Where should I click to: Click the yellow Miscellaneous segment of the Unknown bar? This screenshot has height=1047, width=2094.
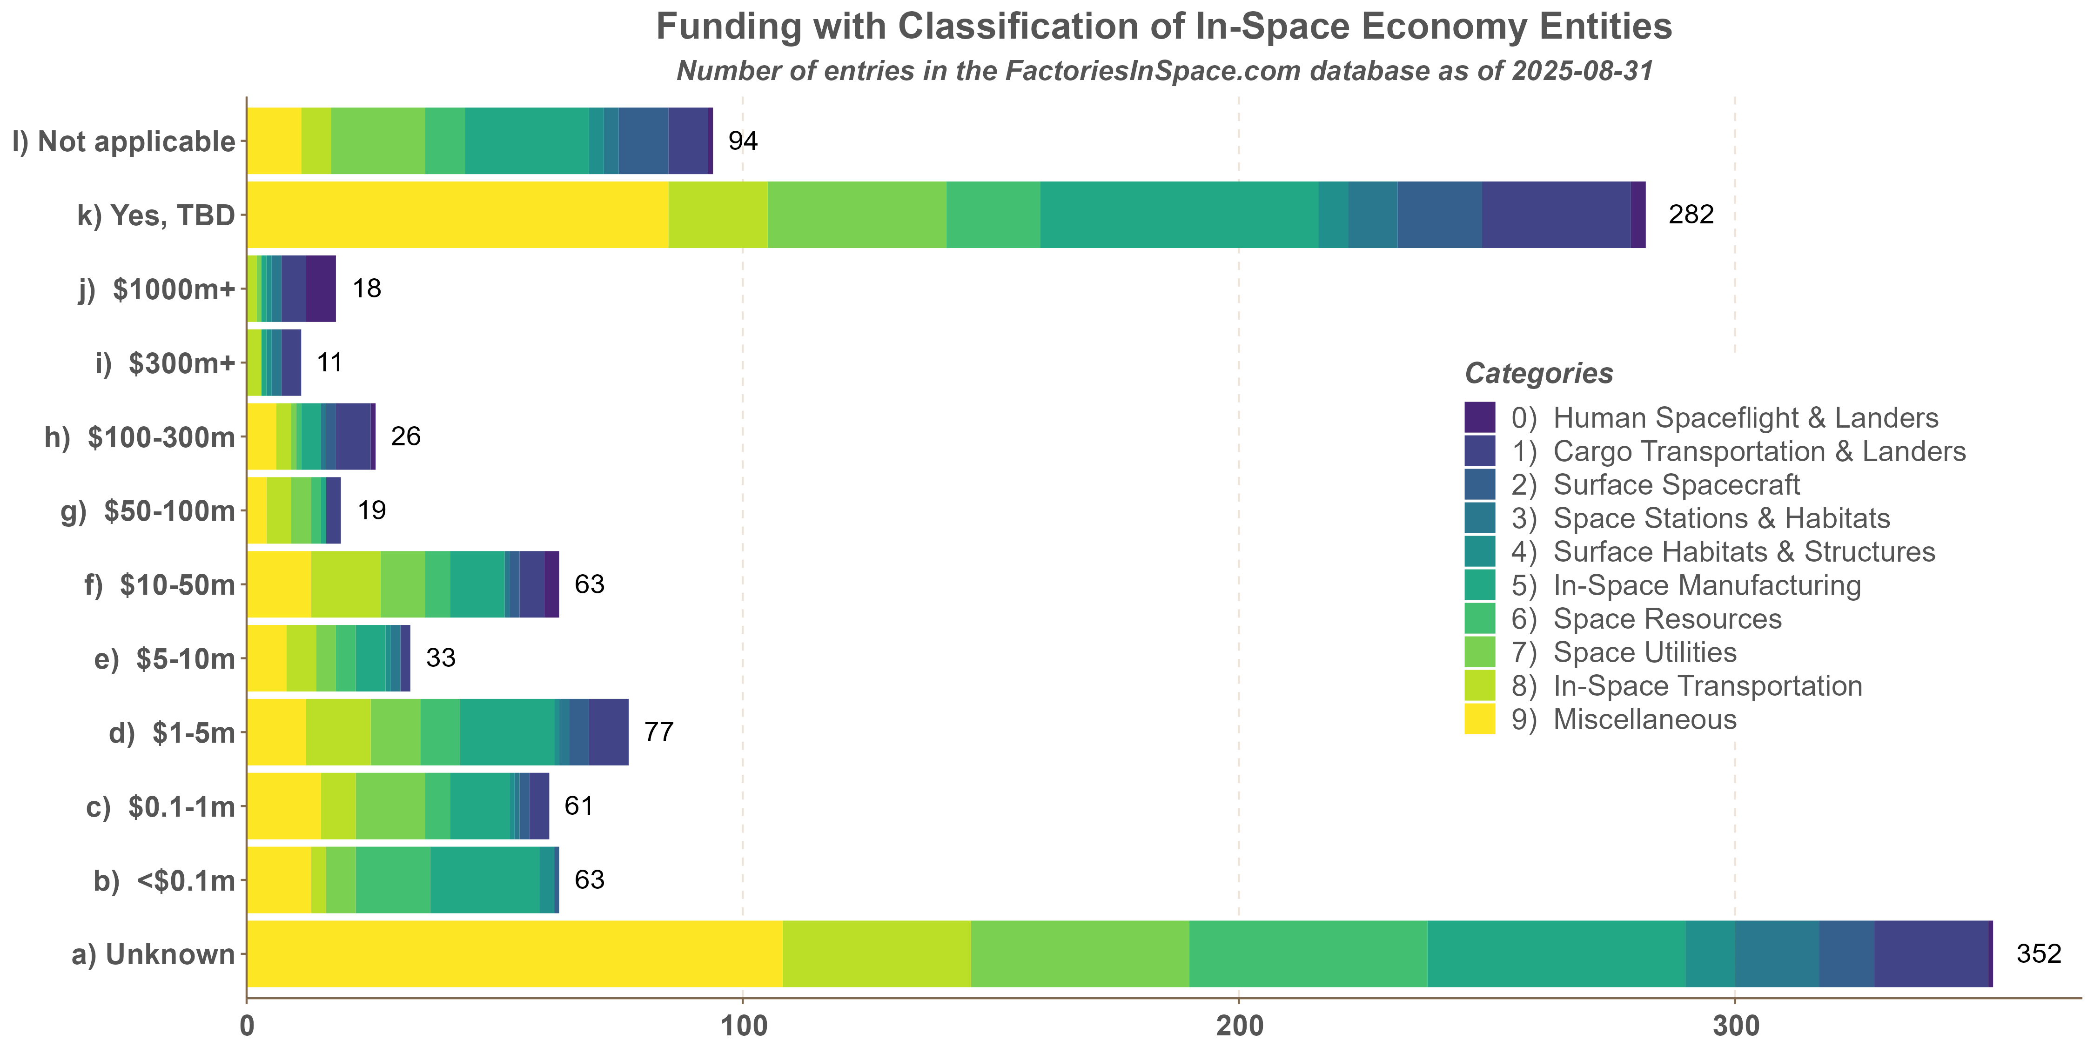coord(514,953)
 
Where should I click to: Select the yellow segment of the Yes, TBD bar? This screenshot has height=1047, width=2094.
coord(457,215)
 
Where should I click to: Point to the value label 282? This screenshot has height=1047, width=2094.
coord(1691,215)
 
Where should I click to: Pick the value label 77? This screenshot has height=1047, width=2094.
coord(658,732)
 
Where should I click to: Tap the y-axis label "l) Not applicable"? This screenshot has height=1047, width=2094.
coord(124,141)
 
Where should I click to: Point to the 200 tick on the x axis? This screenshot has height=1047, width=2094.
coord(1239,1026)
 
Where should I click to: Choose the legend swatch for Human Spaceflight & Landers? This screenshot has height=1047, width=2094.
coord(1479,418)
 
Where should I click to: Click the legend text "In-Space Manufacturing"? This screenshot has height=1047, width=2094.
coord(1706,585)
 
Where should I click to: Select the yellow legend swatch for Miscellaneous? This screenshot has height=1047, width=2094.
coord(1479,719)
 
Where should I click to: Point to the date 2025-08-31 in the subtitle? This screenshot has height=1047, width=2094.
coord(1582,72)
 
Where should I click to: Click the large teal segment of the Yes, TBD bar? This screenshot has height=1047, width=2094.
coord(1179,215)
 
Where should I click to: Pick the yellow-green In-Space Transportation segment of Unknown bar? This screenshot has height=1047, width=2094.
coord(876,953)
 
